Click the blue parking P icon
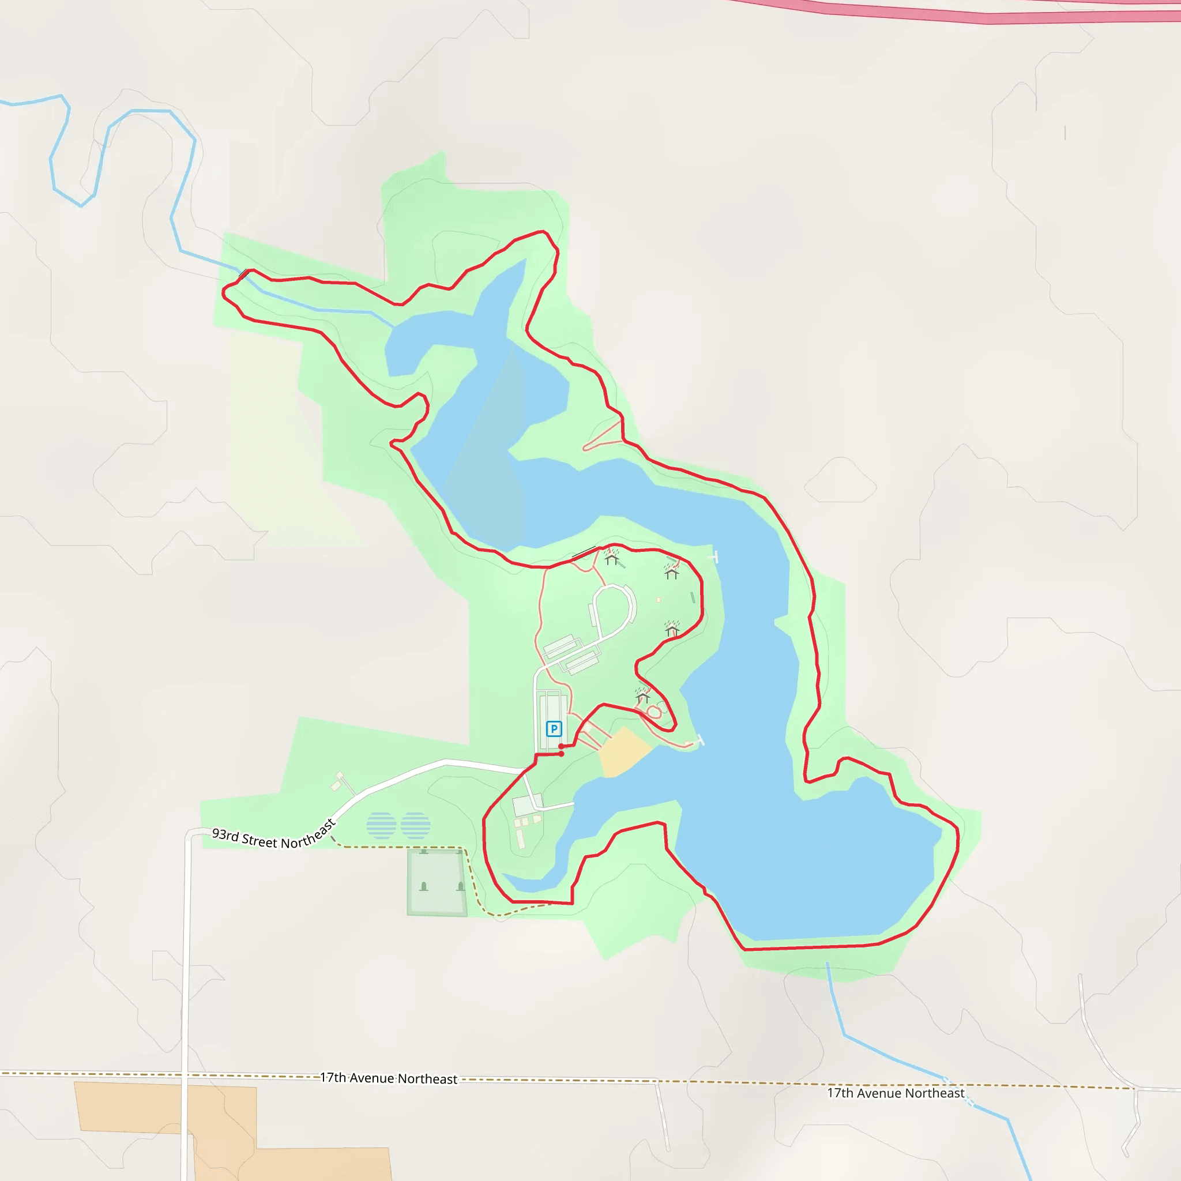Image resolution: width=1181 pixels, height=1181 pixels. [554, 729]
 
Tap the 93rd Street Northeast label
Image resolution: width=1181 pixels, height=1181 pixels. [273, 836]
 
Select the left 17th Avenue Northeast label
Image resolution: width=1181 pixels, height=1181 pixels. [389, 1078]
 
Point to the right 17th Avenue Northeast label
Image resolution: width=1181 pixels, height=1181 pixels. [896, 1092]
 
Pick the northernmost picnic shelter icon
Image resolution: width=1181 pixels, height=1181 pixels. [612, 558]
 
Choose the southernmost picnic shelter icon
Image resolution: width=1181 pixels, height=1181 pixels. [642, 695]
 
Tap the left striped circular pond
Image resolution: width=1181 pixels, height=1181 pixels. [381, 826]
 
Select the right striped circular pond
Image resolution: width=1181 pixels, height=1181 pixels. [416, 826]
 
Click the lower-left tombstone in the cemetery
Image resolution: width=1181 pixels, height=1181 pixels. [424, 886]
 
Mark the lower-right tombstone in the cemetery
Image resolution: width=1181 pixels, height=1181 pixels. [460, 886]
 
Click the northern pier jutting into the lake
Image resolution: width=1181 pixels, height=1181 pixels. [713, 557]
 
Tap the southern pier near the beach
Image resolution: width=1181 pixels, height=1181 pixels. [699, 740]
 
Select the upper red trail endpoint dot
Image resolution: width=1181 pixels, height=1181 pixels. [561, 746]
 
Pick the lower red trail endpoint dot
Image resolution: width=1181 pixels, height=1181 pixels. [561, 754]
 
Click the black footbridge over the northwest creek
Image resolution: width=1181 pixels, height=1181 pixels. [243, 274]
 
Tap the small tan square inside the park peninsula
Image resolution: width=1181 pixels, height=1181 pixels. [659, 600]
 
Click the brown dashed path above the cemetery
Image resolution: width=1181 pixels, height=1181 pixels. [397, 847]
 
